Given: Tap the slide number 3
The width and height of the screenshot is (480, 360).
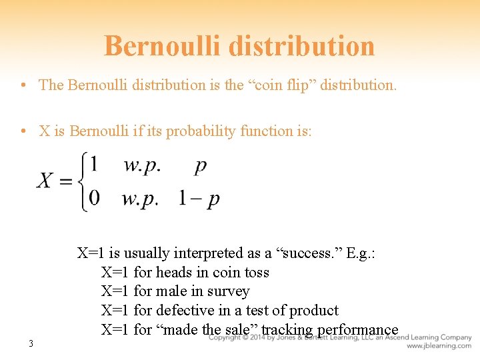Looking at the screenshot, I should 31,344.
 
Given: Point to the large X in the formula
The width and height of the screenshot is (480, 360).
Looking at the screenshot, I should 45,181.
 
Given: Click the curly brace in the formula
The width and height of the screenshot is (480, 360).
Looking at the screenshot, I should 84,181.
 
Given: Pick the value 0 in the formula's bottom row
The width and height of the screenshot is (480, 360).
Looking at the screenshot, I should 95,198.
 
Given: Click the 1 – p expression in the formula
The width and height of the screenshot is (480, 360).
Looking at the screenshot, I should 199,199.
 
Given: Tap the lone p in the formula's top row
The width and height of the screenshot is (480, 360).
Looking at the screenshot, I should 200,165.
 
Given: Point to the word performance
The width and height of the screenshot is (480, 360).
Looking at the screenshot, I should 357,330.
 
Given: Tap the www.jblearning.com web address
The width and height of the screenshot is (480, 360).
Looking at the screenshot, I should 439,346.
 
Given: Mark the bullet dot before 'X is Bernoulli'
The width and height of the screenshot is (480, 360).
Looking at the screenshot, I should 23,131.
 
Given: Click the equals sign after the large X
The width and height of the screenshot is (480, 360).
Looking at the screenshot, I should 65,181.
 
